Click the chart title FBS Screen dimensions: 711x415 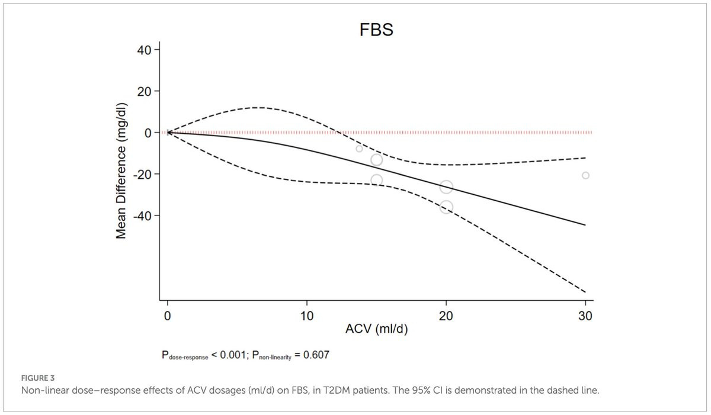[x=376, y=30]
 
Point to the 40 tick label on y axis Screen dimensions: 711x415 [x=144, y=50]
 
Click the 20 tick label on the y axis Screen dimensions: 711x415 [x=144, y=92]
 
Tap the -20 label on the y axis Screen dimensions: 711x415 [x=142, y=175]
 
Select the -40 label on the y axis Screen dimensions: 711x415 [x=142, y=216]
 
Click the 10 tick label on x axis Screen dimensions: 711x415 [x=307, y=316]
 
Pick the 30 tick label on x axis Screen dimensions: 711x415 [x=585, y=316]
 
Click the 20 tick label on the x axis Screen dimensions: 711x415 [x=446, y=316]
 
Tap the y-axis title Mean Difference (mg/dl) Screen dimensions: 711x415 [x=121, y=170]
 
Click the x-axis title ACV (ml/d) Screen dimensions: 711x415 [x=376, y=329]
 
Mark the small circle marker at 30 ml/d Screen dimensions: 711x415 [x=585, y=175]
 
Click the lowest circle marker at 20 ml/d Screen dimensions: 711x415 [x=446, y=207]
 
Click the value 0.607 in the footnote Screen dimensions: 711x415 [x=316, y=355]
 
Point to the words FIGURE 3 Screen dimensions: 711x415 [x=38, y=378]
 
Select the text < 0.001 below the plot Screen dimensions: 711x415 [x=229, y=355]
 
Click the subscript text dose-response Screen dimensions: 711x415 [x=188, y=358]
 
